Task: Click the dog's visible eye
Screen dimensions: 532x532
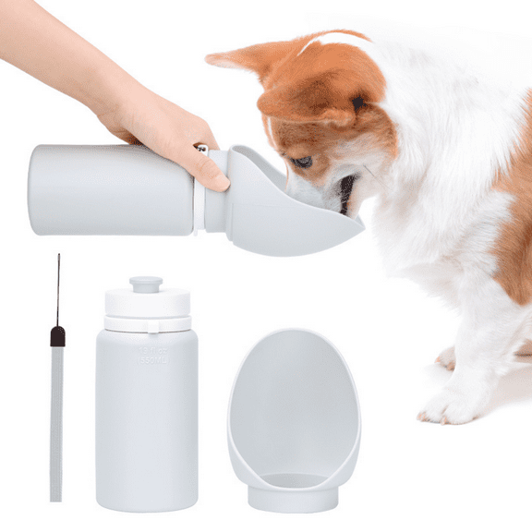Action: (302, 162)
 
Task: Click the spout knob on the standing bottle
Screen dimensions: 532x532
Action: (146, 284)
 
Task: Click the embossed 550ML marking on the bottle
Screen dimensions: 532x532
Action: (149, 356)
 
